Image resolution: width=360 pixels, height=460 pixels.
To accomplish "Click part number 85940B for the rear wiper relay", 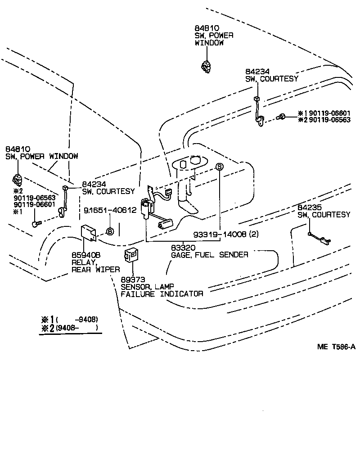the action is [86, 255].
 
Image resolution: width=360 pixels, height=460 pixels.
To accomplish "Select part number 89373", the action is [133, 280].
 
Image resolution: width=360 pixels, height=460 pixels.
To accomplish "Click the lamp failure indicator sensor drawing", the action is [131, 255].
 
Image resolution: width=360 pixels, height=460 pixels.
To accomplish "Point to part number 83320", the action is [183, 248].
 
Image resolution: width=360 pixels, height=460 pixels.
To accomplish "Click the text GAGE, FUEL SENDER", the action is [210, 255].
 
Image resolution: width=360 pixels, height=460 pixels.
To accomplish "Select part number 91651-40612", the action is [110, 210].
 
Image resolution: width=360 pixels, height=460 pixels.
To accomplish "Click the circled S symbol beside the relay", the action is [110, 231].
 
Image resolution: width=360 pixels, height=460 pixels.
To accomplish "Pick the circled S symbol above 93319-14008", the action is [220, 167].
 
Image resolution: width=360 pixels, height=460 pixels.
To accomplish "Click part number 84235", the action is [310, 207].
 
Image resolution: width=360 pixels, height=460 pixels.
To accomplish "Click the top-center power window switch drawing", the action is [206, 66].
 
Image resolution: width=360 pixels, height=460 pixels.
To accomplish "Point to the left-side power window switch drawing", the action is [17, 180].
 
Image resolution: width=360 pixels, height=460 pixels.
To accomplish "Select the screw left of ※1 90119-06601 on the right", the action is [281, 117].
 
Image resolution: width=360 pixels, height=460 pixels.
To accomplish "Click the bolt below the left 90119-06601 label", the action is [36, 224].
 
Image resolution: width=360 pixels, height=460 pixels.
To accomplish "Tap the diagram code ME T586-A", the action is [336, 347].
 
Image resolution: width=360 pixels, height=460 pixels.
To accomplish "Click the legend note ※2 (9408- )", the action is [70, 328].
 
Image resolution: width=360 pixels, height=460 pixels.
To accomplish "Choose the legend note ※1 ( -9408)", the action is [70, 319].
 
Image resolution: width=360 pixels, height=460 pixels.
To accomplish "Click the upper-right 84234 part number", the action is [257, 72].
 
